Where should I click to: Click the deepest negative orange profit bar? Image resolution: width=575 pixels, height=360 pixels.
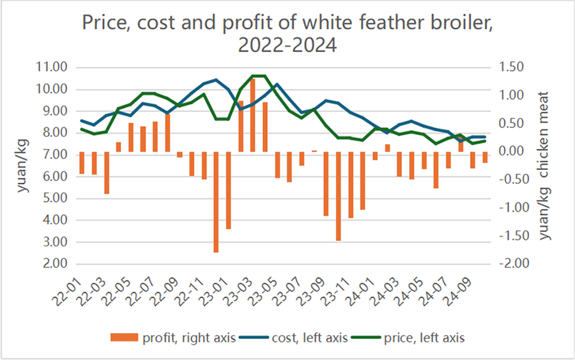216,202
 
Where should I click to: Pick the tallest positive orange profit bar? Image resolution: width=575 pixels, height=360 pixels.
252,115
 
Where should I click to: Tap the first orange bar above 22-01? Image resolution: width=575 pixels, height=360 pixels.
82,162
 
